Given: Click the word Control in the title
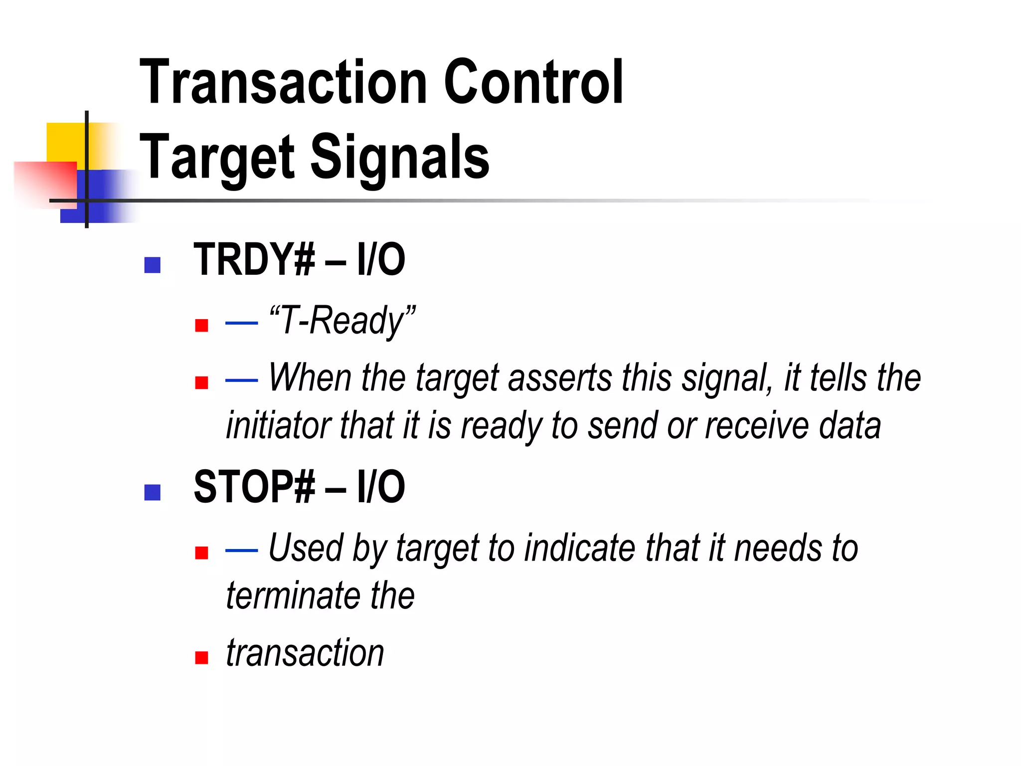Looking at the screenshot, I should tap(533, 82).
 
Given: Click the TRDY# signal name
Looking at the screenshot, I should tap(254, 259).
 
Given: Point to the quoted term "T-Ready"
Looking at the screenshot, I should tap(342, 321).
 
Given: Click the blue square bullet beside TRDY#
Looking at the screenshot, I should tap(152, 265).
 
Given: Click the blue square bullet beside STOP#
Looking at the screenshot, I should tap(152, 492).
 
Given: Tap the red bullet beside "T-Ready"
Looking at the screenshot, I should tap(201, 326).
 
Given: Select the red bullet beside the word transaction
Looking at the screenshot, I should tap(201, 658).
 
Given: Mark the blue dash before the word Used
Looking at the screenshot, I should tap(241, 551).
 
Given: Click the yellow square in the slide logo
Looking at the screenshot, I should tap(65, 142).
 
